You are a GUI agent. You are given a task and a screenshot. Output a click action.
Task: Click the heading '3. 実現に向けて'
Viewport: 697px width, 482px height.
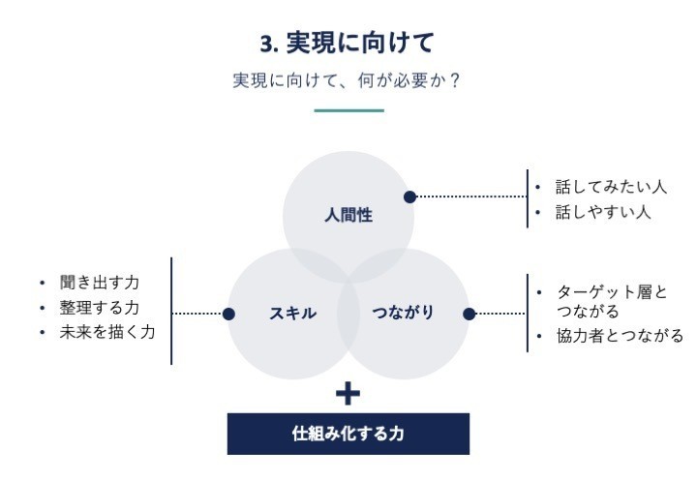[x=347, y=44]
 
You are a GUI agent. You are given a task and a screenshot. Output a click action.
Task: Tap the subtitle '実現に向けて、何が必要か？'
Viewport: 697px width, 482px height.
[x=347, y=81]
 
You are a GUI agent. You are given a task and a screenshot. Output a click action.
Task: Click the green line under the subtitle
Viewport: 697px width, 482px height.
[x=348, y=110]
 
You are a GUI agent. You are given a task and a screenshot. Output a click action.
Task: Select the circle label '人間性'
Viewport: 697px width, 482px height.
[x=348, y=216]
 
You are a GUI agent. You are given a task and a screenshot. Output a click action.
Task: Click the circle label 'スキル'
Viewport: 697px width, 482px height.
[x=293, y=314]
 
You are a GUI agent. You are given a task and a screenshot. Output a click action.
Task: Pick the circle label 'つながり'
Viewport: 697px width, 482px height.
[x=403, y=313]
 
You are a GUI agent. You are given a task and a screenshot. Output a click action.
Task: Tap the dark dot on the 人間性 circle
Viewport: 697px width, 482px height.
[x=409, y=196]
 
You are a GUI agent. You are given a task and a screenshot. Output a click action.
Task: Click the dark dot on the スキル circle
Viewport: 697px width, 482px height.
[x=228, y=315]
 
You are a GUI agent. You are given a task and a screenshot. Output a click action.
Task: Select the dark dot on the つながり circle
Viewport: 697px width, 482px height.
[x=469, y=315]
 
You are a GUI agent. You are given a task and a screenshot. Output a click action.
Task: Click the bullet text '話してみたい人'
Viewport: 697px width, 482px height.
[x=611, y=187]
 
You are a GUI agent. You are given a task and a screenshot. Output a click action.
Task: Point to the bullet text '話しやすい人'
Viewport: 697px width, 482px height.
[x=603, y=212]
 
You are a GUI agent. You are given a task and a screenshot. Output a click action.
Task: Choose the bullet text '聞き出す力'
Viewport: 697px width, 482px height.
[x=100, y=283]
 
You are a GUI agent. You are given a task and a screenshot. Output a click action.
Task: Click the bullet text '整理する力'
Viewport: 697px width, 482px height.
[x=100, y=308]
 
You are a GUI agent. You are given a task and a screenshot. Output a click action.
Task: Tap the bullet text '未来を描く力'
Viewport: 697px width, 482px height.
[x=107, y=332]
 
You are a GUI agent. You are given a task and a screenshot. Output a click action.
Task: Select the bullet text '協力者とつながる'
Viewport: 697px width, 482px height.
[x=621, y=336]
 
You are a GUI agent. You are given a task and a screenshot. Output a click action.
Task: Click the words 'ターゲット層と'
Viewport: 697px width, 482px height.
[x=612, y=292]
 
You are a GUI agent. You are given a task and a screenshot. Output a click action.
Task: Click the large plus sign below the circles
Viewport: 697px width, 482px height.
[x=348, y=394]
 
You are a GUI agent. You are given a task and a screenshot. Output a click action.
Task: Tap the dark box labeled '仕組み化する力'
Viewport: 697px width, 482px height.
[x=348, y=434]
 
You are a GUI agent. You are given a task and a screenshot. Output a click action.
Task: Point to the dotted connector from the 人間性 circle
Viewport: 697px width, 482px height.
[x=471, y=196]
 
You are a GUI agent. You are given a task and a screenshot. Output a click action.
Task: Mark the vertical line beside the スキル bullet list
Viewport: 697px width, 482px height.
[x=171, y=311]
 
